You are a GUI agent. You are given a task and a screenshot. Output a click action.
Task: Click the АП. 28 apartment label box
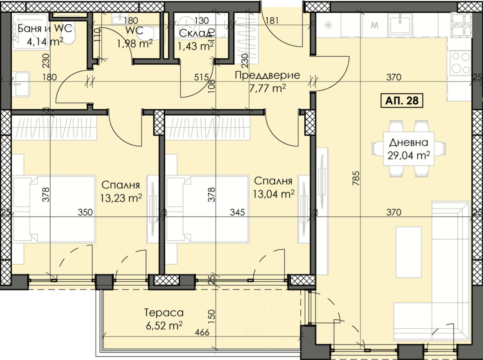coord(402,101)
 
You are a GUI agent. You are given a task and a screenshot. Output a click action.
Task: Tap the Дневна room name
coord(408,143)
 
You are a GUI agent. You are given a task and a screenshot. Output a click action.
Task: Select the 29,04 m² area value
coord(408,155)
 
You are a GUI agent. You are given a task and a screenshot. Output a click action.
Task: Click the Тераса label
coord(164,313)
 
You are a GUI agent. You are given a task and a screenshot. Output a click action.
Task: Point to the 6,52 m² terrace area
coord(164,325)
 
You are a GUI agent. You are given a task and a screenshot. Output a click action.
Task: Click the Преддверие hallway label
coord(267,75)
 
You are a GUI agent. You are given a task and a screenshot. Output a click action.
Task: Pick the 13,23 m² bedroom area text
coord(121,198)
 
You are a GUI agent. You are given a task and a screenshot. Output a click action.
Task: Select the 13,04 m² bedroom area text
coord(274,194)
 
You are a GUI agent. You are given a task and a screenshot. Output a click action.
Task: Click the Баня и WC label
coord(45,28)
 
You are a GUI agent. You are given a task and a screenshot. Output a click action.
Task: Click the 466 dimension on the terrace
coord(202,332)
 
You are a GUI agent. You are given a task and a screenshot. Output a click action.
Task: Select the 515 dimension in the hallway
coord(201,77)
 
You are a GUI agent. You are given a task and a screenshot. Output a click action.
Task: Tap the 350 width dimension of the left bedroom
coord(85,212)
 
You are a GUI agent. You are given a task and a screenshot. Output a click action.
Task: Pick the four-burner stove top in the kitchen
coord(460,63)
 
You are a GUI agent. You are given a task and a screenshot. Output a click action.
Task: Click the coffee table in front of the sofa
coord(408,252)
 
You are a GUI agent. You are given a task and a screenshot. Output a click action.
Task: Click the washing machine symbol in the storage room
coord(186,24)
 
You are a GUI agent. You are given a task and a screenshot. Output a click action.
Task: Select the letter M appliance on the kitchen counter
coord(375,25)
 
